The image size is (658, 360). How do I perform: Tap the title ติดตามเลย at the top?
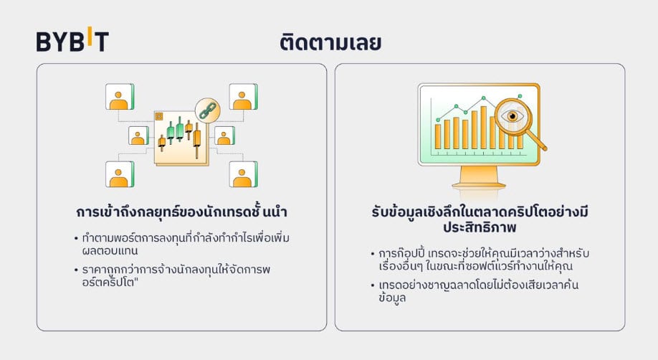click(x=330, y=42)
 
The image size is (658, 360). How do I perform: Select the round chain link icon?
click(x=208, y=110)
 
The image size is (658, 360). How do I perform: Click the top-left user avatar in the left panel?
click(x=120, y=97)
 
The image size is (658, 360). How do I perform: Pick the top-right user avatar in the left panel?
click(x=244, y=97)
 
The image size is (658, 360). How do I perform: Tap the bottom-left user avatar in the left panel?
click(x=120, y=174)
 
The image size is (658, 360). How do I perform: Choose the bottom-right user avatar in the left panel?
click(x=244, y=174)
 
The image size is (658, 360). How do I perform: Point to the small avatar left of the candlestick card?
click(x=138, y=136)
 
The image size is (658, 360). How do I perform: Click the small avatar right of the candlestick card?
click(x=224, y=136)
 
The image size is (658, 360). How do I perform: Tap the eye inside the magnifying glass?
click(x=512, y=116)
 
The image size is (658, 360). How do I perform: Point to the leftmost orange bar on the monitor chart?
click(x=438, y=136)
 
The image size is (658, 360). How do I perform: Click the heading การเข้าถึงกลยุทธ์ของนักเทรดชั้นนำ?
click(x=181, y=212)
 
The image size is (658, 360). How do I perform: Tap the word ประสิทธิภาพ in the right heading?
click(x=480, y=227)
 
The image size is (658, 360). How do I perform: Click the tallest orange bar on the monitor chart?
click(x=483, y=127)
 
